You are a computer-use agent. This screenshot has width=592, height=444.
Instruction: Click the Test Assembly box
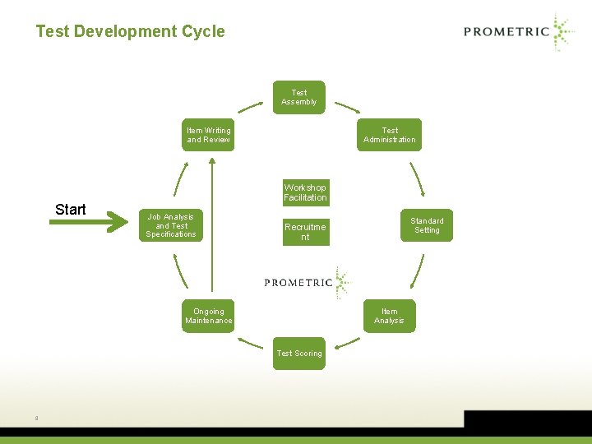point(299,97)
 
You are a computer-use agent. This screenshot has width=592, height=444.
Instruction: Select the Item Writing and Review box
point(208,135)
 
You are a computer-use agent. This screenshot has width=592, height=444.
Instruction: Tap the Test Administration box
point(390,135)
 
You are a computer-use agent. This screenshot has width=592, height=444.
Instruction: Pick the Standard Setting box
point(427,225)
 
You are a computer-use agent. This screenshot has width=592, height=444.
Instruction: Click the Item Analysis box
point(389,316)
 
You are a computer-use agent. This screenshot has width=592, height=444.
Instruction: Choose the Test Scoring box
point(299,354)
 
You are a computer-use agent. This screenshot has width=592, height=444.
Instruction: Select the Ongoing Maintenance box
point(208,316)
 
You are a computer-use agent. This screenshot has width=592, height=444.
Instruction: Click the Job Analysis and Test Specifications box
point(171,225)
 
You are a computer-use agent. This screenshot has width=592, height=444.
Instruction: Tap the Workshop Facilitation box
point(305,192)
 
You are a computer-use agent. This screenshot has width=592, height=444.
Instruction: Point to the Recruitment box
point(305,232)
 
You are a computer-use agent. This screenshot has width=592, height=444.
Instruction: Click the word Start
point(71,210)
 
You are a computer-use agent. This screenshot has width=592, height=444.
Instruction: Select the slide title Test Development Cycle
point(130,31)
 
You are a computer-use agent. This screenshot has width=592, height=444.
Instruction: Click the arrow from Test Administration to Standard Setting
point(417,177)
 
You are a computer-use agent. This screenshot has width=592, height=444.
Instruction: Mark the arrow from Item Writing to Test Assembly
point(251,107)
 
